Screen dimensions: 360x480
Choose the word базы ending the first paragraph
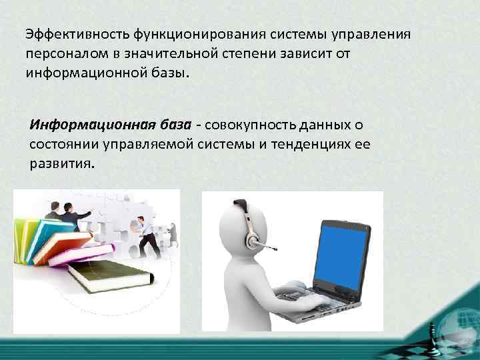(172, 71)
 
